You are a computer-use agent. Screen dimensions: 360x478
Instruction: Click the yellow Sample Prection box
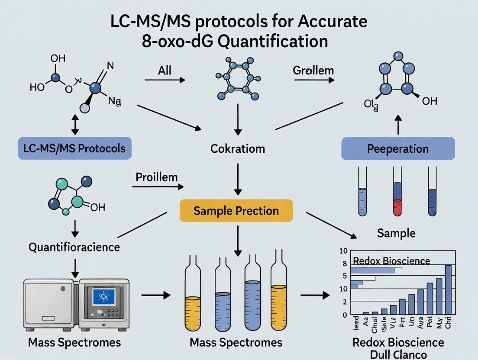point(236,211)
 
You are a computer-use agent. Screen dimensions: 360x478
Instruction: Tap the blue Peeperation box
point(398,149)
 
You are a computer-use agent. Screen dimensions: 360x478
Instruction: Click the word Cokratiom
point(238,149)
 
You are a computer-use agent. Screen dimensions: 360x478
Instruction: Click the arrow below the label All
point(164,80)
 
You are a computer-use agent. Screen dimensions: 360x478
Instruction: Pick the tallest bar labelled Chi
point(448,289)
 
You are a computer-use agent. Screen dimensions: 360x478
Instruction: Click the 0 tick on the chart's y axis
point(345,315)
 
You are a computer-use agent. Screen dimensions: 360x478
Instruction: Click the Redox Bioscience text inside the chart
point(391,260)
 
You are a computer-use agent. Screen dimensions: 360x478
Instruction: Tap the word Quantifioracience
point(74,247)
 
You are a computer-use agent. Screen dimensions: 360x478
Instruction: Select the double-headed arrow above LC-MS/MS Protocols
point(75,125)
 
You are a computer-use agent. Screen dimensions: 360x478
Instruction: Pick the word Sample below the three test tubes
point(396,233)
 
